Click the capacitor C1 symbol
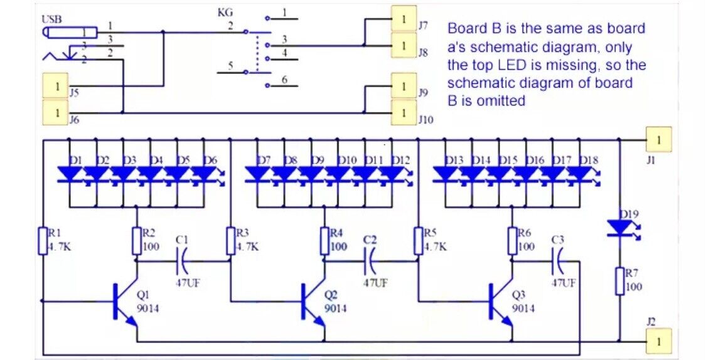pyautogui.click(x=182, y=258)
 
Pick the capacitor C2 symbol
pyautogui.click(x=370, y=258)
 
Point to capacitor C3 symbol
pyautogui.click(x=559, y=258)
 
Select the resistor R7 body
pyautogui.click(x=619, y=280)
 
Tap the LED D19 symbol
pyautogui.click(x=619, y=228)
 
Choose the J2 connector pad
pyautogui.click(x=658, y=341)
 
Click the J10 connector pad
pyautogui.click(x=404, y=112)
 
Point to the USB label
pyautogui.click(x=51, y=19)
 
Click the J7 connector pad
pyautogui.click(x=404, y=18)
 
